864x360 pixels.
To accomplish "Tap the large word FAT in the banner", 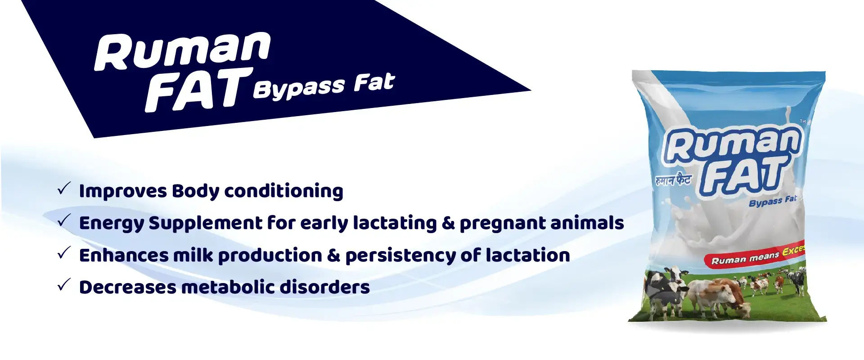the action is pyautogui.click(x=198, y=90).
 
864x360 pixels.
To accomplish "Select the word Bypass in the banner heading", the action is pyautogui.click(x=299, y=87).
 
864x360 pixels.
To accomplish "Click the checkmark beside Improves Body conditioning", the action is pyautogui.click(x=64, y=188).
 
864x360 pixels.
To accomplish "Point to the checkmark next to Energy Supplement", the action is pyautogui.click(x=64, y=220).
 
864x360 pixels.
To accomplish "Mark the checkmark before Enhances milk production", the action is pyautogui.click(x=64, y=252).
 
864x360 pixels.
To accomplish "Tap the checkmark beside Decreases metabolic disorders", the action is pyautogui.click(x=64, y=284).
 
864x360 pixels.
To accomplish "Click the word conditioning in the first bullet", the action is pyautogui.click(x=283, y=191).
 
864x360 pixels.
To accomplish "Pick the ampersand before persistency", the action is pyautogui.click(x=333, y=256).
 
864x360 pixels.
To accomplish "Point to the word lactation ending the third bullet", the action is pyautogui.click(x=528, y=255).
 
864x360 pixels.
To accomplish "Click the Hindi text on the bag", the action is pyautogui.click(x=673, y=180).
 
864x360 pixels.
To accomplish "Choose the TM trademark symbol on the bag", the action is pyautogui.click(x=803, y=121).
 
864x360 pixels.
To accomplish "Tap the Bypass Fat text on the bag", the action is pyautogui.click(x=773, y=201).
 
